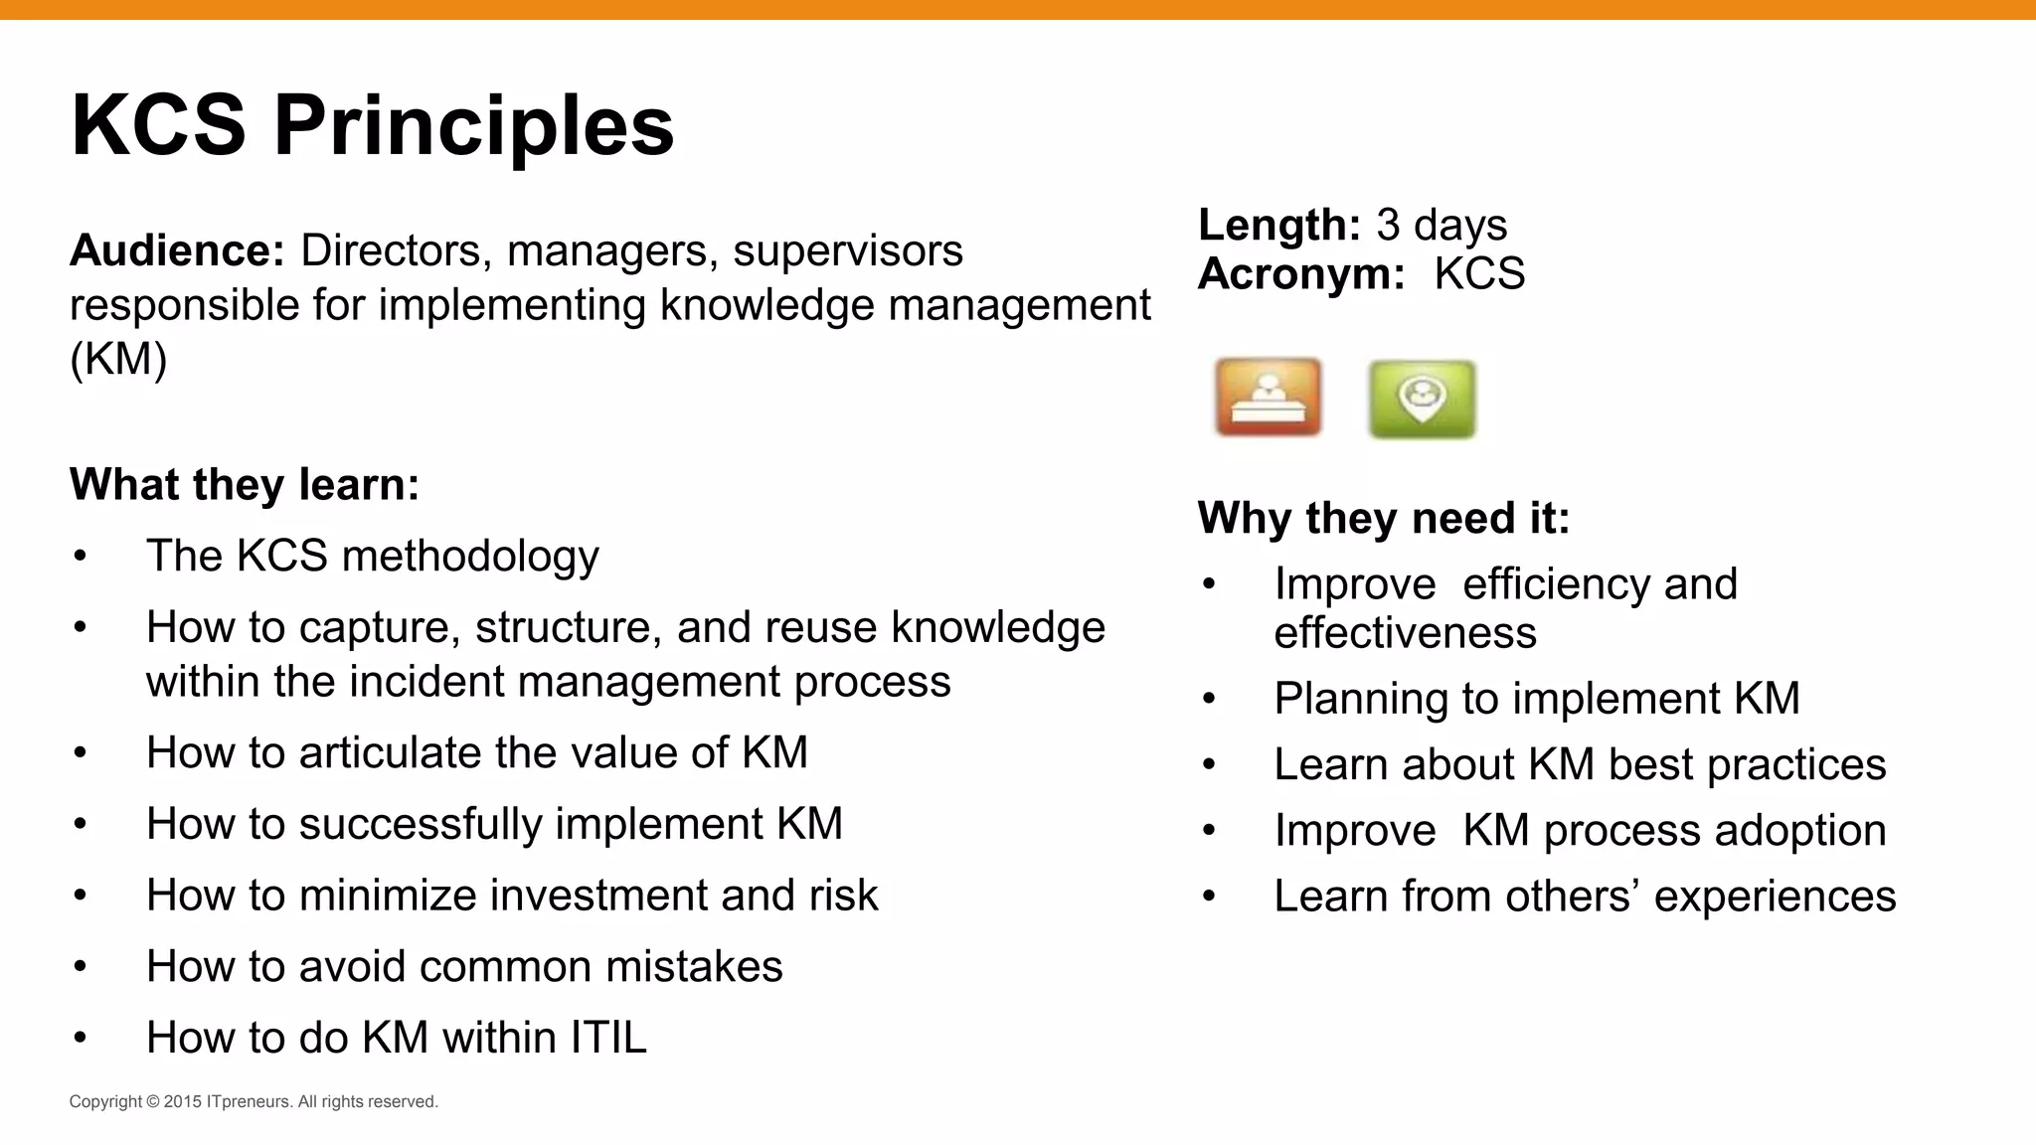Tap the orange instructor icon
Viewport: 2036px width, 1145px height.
click(1268, 398)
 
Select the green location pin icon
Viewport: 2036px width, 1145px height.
click(1422, 399)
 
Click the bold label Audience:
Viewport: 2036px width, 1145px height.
click(177, 250)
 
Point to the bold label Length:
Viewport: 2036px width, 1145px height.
click(1278, 226)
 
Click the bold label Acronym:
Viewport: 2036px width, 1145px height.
click(1300, 274)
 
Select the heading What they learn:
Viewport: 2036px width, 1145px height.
click(245, 485)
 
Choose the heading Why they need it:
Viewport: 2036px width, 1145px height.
click(1383, 519)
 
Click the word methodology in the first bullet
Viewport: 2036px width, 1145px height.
click(470, 556)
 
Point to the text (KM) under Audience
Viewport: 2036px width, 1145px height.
click(118, 359)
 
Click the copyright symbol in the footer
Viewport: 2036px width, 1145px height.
click(153, 1102)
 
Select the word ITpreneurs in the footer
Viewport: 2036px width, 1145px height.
click(249, 1102)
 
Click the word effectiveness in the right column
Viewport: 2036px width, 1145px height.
click(1405, 633)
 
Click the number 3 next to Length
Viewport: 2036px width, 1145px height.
click(1388, 226)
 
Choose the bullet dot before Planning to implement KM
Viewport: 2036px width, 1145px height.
click(1209, 700)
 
